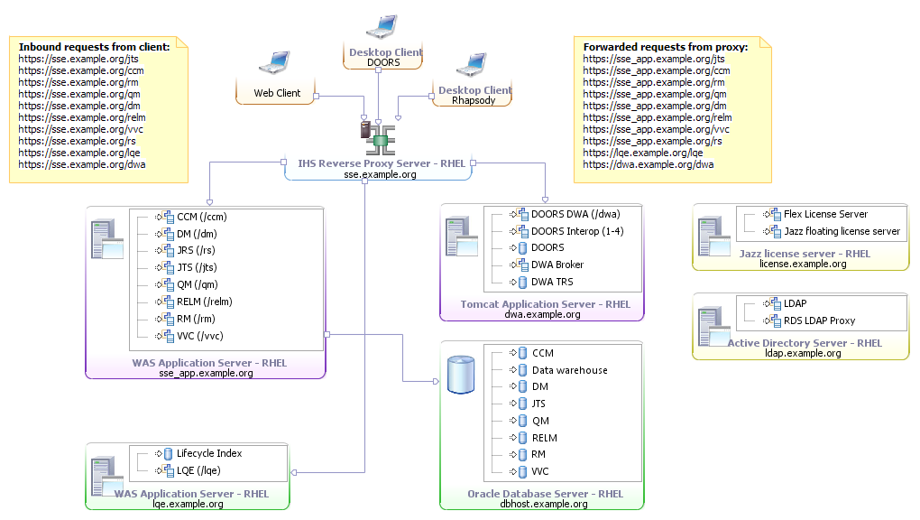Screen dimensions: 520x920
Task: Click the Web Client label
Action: click(277, 93)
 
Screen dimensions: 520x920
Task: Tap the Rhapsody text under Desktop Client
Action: click(474, 101)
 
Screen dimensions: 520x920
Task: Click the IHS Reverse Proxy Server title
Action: click(382, 163)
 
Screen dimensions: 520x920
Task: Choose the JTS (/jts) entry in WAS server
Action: click(197, 267)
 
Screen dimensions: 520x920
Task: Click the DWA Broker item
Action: click(557, 265)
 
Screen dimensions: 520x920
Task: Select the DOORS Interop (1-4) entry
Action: click(577, 231)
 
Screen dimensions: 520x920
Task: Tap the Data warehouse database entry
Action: click(569, 370)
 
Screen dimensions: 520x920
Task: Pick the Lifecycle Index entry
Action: click(209, 453)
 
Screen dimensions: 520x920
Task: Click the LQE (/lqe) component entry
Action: click(198, 470)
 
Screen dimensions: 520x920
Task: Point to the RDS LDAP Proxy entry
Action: click(813, 320)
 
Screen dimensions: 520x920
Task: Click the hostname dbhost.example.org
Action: click(545, 505)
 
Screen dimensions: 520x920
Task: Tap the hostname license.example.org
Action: click(803, 265)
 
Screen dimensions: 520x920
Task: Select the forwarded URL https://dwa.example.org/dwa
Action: click(649, 164)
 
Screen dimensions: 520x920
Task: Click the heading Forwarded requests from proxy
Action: click(665, 47)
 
